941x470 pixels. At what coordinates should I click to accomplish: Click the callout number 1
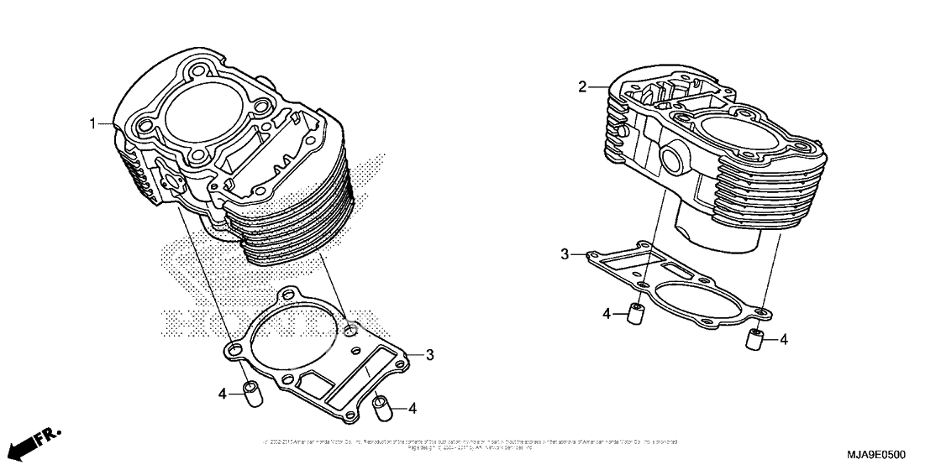pos(94,124)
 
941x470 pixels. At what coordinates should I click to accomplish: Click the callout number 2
pos(581,86)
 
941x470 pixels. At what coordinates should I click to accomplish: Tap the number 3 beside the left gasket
pos(429,355)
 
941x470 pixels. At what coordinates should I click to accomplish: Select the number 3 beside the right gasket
pos(565,253)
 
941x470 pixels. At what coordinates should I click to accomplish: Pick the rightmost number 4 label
pos(783,340)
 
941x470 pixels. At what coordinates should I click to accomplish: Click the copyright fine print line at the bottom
pos(470,442)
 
